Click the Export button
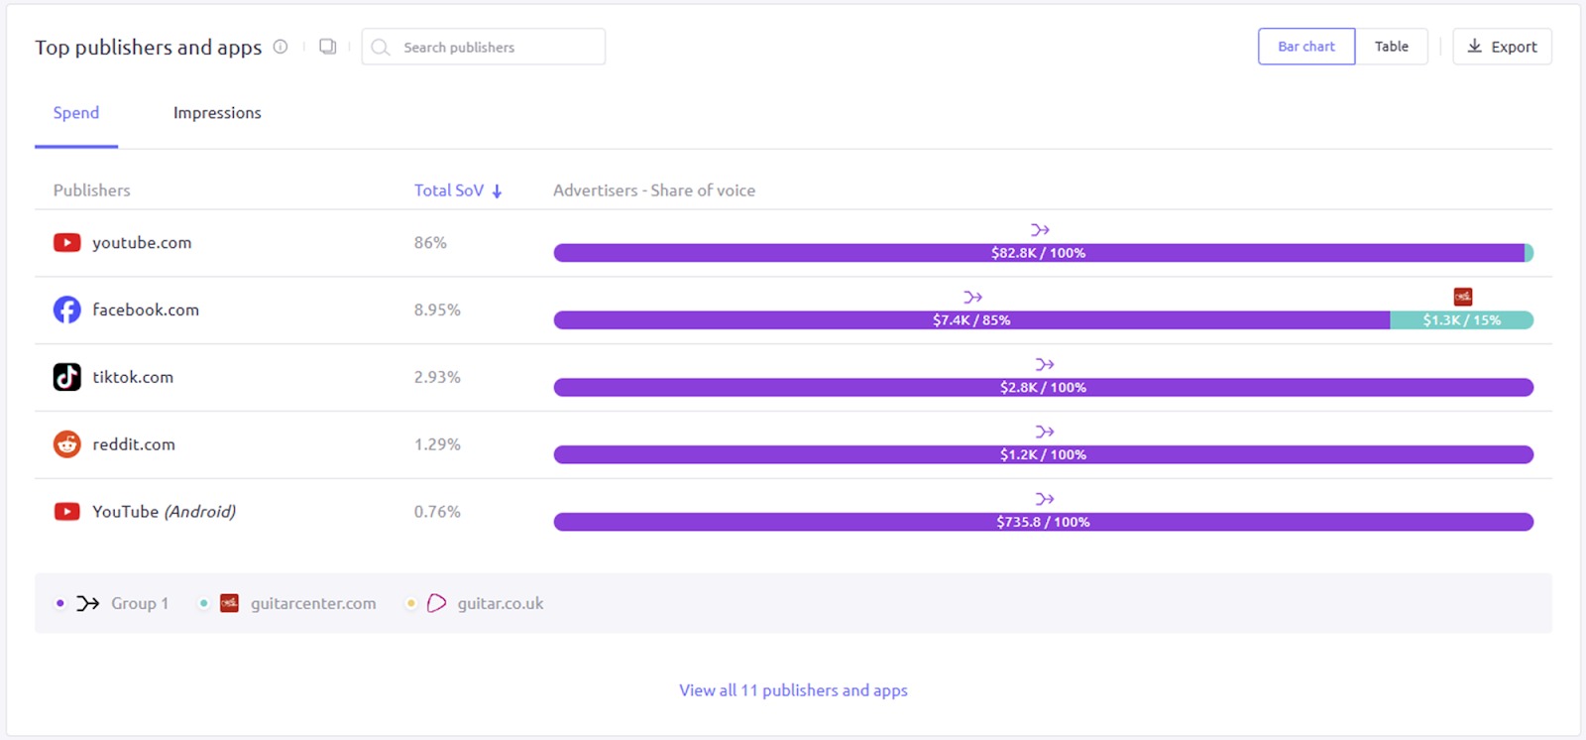tap(1502, 47)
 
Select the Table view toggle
tap(1391, 47)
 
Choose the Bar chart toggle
tap(1305, 47)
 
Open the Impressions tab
tap(217, 113)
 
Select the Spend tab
tap(76, 113)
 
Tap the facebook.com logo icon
tap(66, 309)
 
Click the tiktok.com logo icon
tap(66, 377)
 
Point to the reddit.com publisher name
tap(134, 444)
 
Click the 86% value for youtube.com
tap(430, 242)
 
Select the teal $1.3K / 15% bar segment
tap(1461, 320)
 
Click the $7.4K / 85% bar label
tap(970, 320)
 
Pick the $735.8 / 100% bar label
tap(1043, 522)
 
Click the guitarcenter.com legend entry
tap(312, 603)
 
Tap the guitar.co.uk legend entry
tap(500, 603)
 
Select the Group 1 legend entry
tap(139, 603)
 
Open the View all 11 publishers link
tap(793, 690)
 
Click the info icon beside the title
tap(281, 47)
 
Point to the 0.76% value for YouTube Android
tap(437, 512)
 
